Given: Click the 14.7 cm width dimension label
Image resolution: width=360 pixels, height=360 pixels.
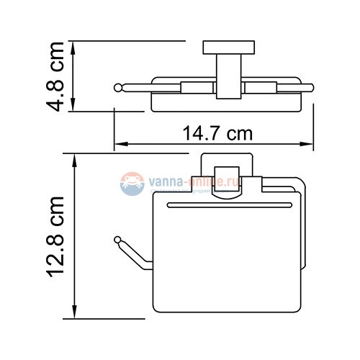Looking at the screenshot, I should click(213, 135).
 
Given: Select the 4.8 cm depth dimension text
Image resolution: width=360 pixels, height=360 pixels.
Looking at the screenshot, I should click(58, 76).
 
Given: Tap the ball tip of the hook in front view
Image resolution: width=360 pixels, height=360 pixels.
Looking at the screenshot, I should click(117, 238).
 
